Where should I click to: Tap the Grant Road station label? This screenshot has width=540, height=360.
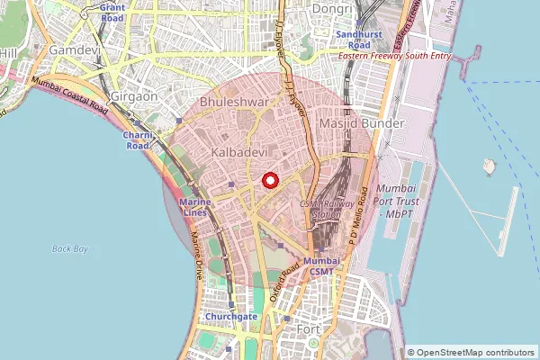coord(112,13)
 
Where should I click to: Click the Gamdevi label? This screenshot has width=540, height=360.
coord(74,51)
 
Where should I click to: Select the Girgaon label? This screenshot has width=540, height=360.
coord(134,95)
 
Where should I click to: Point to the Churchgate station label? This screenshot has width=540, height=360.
coord(231,316)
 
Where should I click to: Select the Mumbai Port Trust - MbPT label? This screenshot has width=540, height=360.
coord(398,201)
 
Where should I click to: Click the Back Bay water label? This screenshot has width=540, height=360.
coord(69,248)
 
